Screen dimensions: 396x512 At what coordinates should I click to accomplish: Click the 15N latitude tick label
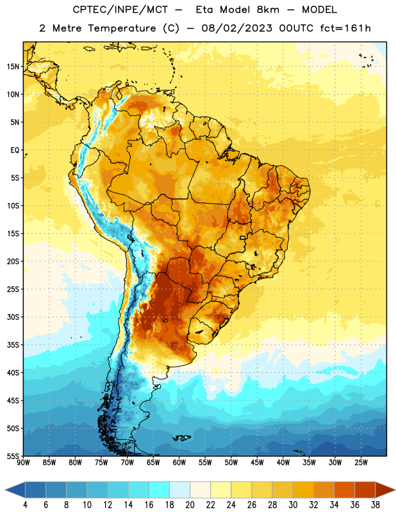point(13,67)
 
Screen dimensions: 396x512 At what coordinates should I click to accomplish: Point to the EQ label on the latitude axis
point(15,150)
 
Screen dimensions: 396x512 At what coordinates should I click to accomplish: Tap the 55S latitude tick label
point(13,456)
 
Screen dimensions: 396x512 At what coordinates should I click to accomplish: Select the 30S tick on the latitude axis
point(13,317)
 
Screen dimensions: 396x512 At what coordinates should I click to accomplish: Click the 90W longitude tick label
point(23,462)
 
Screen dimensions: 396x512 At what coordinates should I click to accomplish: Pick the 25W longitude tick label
point(361,462)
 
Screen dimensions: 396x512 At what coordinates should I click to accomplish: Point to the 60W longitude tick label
point(179,462)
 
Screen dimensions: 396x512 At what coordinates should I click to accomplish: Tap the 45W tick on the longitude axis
point(258,462)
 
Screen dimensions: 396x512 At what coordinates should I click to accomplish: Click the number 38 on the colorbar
point(375,505)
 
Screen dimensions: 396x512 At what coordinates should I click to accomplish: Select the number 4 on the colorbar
point(25,505)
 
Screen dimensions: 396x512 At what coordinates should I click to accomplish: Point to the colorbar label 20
point(190,505)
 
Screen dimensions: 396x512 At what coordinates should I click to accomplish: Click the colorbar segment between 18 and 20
point(180,490)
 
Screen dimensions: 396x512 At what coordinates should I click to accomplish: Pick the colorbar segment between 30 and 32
point(304,490)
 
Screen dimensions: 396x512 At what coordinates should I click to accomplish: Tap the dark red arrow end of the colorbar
point(384,490)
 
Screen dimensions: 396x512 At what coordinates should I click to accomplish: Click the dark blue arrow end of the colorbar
point(15,490)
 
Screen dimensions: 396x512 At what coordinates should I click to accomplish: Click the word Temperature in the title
point(122,28)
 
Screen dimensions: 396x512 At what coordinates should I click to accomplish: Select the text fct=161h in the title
point(345,28)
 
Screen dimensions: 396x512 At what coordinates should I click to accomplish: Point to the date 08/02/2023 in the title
point(236,28)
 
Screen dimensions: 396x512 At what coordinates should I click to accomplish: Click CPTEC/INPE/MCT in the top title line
point(120,10)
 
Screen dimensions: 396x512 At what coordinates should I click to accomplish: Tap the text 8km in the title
point(268,10)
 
